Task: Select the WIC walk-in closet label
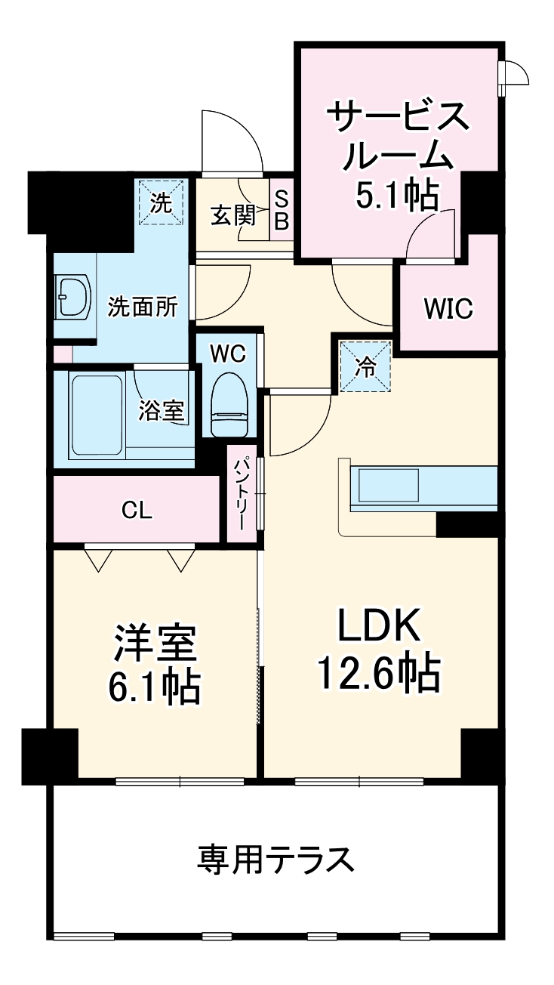[448, 308]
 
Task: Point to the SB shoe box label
[281, 211]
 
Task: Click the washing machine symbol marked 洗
[160, 202]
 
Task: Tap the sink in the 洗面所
[74, 298]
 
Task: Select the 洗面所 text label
[143, 307]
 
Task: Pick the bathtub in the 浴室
[96, 415]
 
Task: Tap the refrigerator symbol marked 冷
[365, 367]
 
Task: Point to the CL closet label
[137, 510]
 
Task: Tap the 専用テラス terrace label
[275, 859]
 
